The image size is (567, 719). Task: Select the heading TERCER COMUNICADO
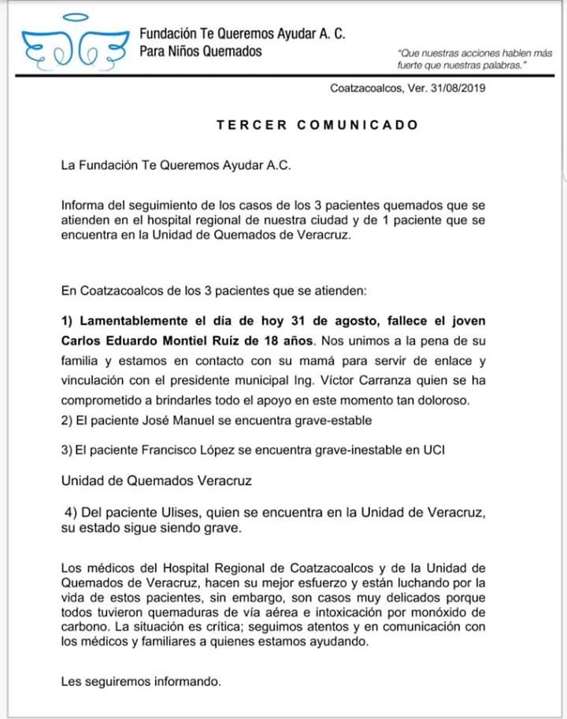[x=317, y=125]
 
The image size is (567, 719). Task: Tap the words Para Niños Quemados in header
[x=201, y=52]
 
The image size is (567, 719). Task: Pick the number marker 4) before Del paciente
[x=71, y=512]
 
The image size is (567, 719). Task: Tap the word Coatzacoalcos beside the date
[x=367, y=88]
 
